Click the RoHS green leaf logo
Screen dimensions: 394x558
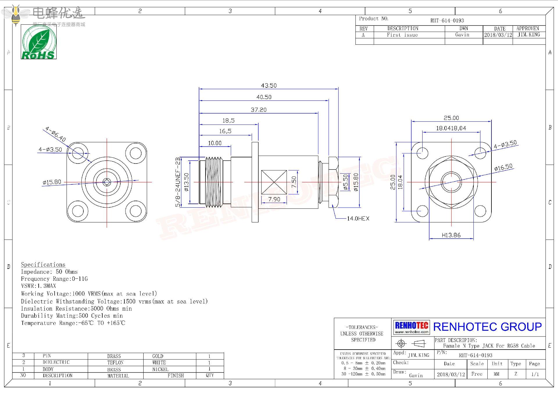pos(39,42)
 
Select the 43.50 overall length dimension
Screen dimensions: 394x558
pos(269,86)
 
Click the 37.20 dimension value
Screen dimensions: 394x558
pos(259,110)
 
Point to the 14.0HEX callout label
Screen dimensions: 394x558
pos(358,219)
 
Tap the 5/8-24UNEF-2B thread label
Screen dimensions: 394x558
pos(178,182)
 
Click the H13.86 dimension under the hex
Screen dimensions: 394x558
pos(451,235)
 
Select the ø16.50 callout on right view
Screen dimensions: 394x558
pos(503,167)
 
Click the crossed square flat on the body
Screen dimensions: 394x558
pos(274,182)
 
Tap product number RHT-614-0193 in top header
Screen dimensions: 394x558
pos(447,21)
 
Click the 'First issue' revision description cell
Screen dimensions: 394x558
pos(402,35)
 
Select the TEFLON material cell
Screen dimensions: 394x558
pos(115,363)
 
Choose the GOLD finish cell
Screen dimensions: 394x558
pos(158,356)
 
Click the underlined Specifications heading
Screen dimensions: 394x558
pos(43,265)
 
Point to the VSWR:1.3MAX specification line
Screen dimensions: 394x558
pos(38,286)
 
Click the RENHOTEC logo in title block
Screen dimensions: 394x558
pos(412,327)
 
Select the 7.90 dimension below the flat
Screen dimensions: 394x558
pos(274,199)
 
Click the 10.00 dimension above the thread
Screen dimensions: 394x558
pos(215,143)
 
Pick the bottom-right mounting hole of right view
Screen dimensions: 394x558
pos(480,211)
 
